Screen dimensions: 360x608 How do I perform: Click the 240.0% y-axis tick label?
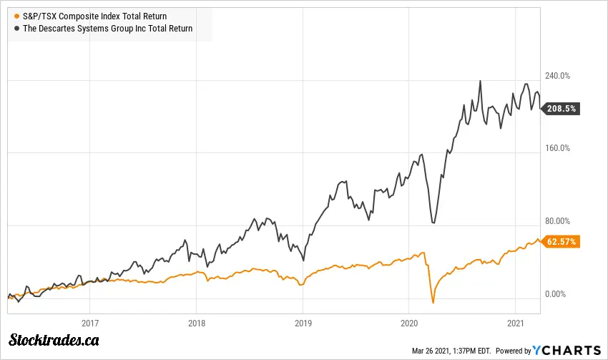(x=558, y=75)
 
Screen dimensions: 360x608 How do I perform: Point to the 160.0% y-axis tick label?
(x=558, y=148)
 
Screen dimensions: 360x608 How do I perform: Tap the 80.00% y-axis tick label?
(x=558, y=221)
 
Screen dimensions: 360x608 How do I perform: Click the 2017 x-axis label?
(x=90, y=322)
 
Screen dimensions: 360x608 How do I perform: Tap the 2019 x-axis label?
(x=303, y=322)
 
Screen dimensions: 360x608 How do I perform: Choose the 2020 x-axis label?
(x=408, y=322)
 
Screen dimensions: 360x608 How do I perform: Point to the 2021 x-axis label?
(x=515, y=322)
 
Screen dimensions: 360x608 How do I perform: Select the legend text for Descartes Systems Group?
(x=103, y=29)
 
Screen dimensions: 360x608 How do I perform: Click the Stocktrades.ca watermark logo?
(x=54, y=340)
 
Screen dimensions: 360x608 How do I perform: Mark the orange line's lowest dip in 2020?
(x=433, y=303)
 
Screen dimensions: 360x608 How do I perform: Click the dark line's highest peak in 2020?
(x=480, y=81)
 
